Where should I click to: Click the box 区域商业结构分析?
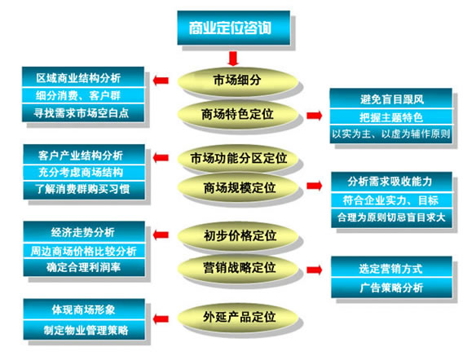[84, 77]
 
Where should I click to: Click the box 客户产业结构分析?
[85, 155]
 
